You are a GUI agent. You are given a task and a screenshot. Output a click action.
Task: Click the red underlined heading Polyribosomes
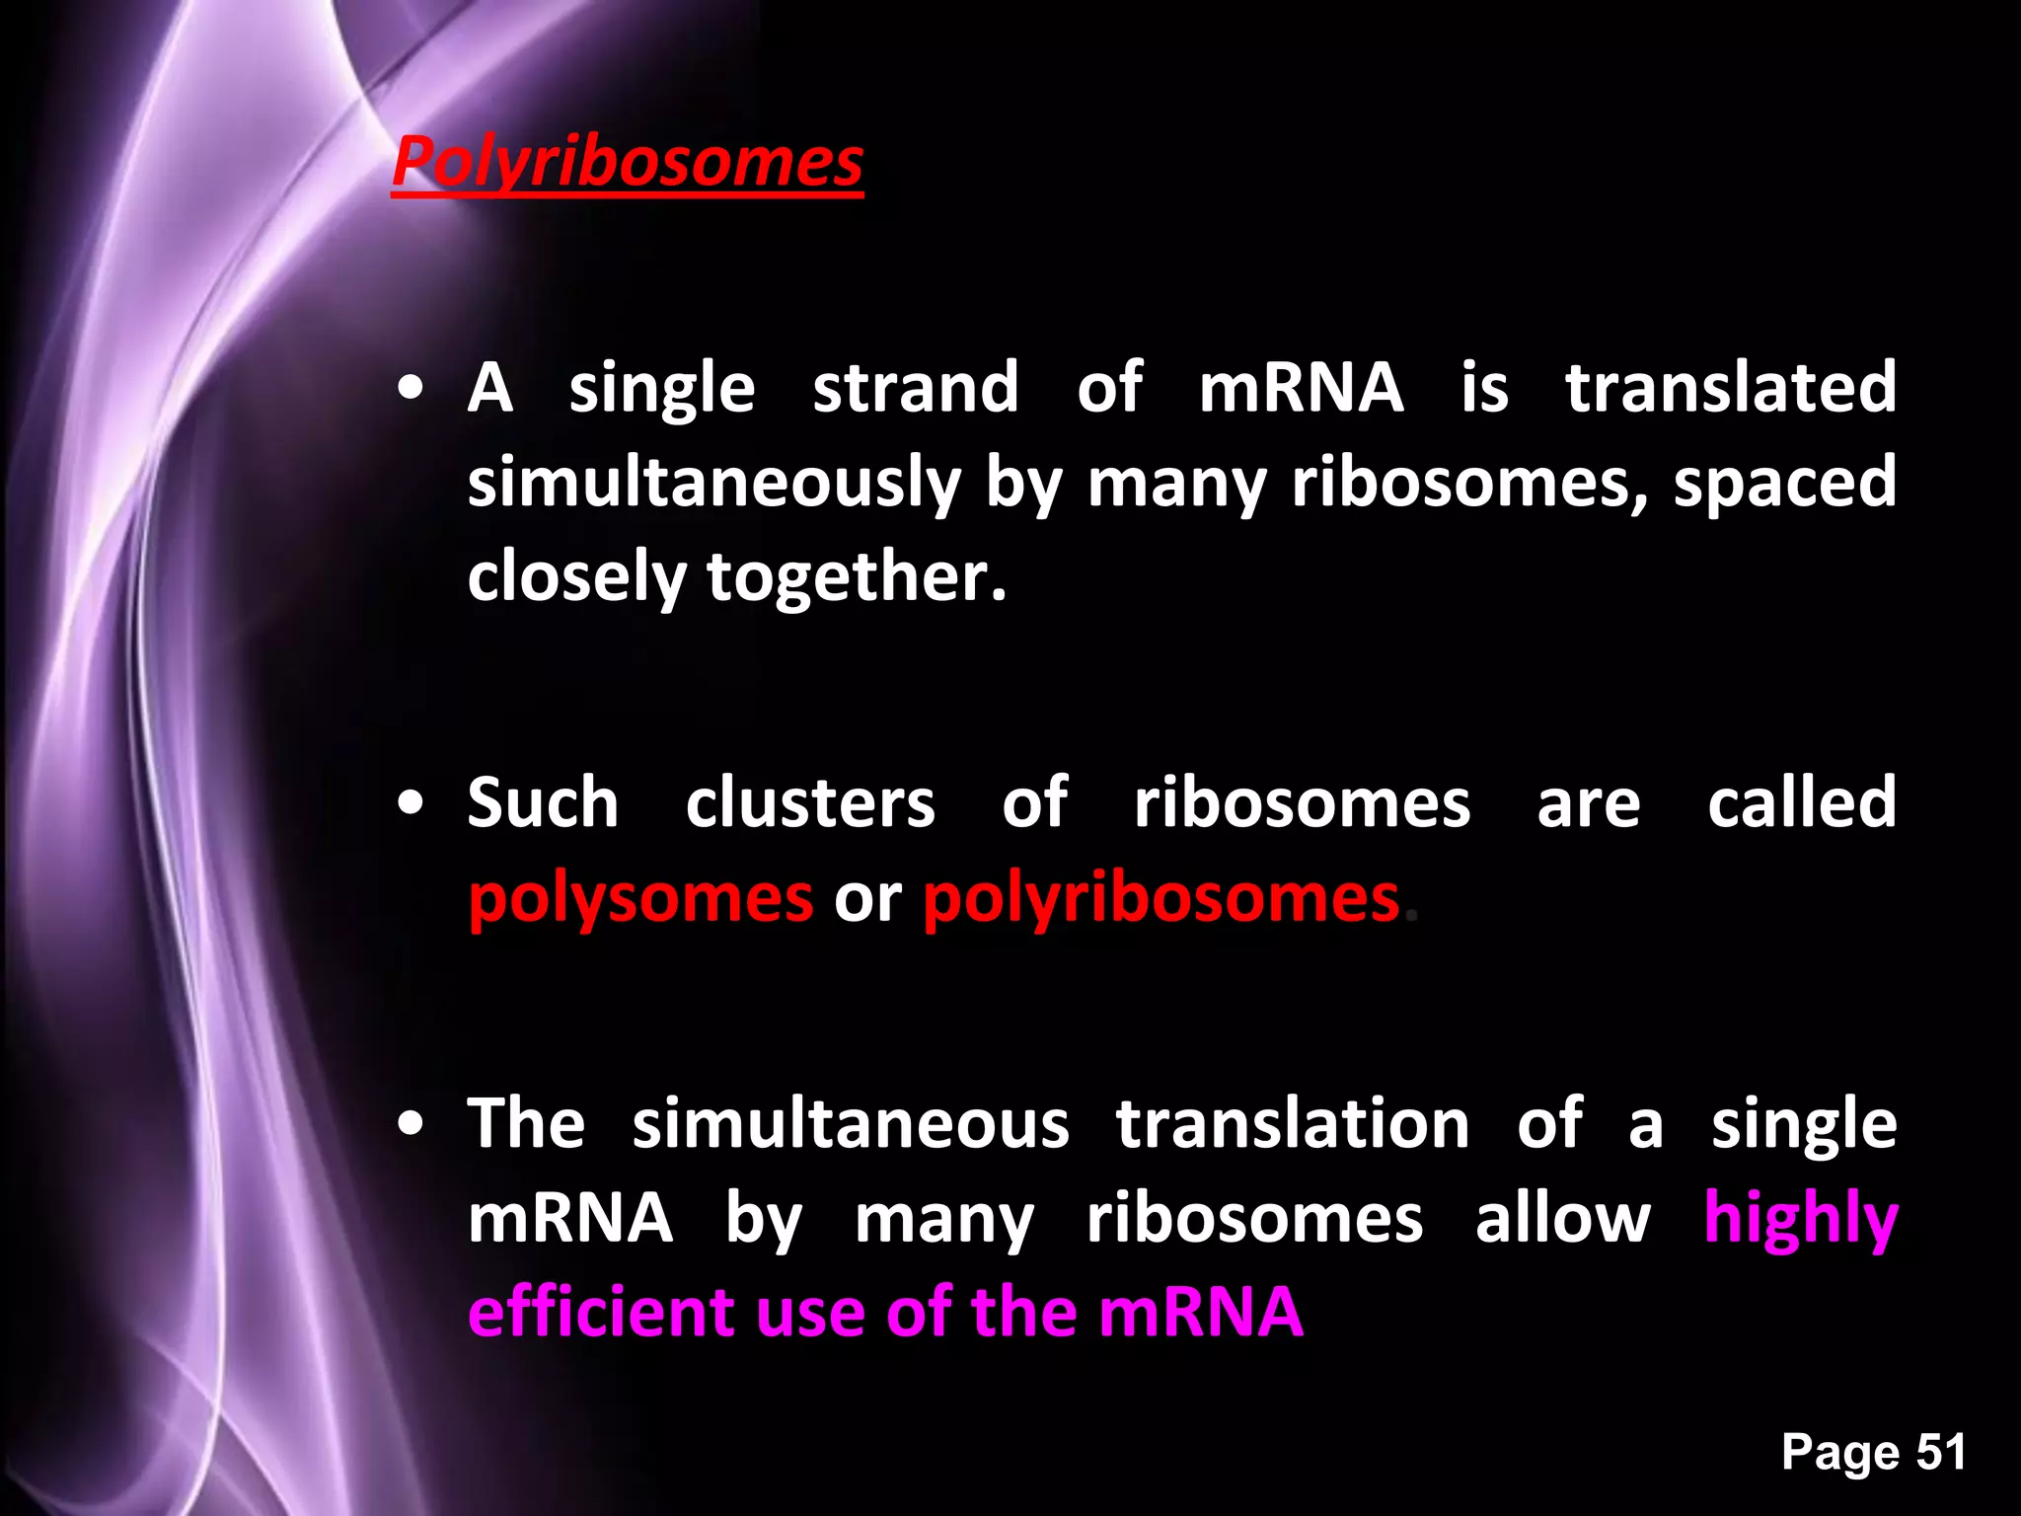point(628,162)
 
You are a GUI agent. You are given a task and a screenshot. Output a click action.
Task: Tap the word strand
point(915,387)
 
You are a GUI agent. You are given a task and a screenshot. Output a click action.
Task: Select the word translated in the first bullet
point(1731,387)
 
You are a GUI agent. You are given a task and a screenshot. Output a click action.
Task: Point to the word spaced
point(1784,483)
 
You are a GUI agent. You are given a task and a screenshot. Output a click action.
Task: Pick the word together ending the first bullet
point(856,577)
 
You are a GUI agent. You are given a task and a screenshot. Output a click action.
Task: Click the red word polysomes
point(640,899)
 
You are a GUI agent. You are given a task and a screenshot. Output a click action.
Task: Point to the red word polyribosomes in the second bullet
point(1161,899)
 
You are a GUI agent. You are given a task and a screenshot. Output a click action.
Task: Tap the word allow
point(1562,1219)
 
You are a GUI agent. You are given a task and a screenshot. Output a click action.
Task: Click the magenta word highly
point(1801,1219)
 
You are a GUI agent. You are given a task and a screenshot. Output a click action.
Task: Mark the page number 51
point(1941,1452)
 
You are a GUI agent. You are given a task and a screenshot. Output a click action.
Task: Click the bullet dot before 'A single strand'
point(412,389)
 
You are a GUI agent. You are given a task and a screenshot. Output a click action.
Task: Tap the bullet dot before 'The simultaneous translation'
point(412,1124)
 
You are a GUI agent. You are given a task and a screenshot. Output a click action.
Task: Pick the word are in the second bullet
point(1589,804)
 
